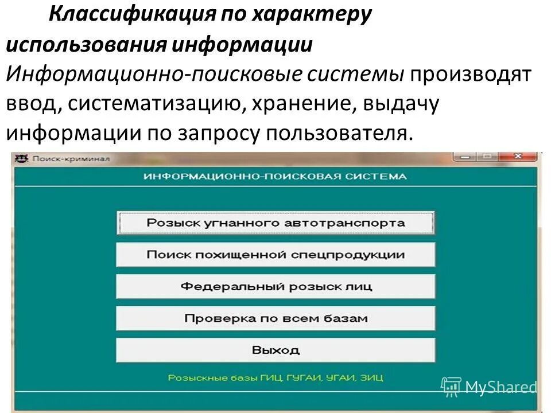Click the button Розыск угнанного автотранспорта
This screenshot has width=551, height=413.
point(275,223)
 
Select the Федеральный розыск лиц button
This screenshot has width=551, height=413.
point(275,286)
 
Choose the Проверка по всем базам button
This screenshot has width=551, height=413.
point(275,318)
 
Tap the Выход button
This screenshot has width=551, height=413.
point(275,349)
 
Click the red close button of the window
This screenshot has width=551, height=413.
point(517,157)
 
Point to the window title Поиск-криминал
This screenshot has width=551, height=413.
point(71,158)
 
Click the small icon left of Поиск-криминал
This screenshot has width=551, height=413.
point(21,158)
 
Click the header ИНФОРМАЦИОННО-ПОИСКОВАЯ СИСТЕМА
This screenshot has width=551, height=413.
point(275,177)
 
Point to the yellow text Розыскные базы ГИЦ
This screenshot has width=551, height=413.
point(275,378)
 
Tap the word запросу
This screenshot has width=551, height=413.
point(207,133)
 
